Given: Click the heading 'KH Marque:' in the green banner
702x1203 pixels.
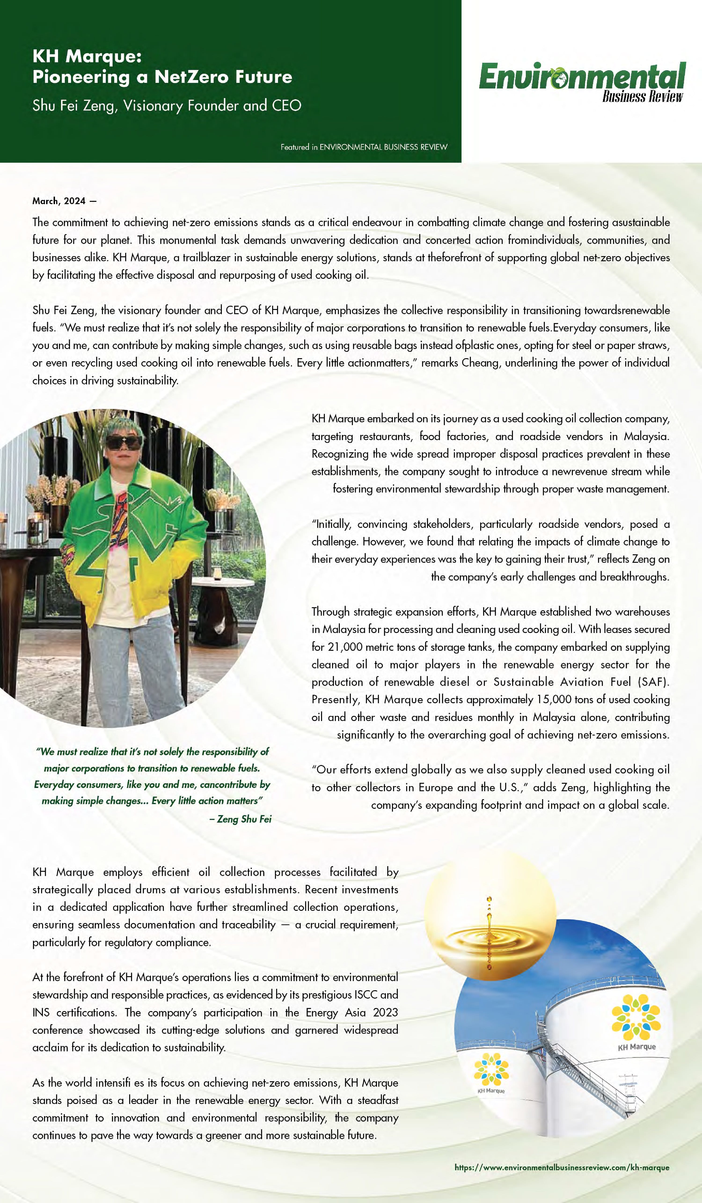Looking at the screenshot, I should click(x=87, y=56).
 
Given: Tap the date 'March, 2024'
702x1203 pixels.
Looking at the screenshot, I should click(x=59, y=201).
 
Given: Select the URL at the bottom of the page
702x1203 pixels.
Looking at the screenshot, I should click(x=562, y=1167).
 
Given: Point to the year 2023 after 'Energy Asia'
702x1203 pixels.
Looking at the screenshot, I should click(x=385, y=1012).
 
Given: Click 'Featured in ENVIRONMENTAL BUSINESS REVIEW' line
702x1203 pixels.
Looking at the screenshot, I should click(x=364, y=147).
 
